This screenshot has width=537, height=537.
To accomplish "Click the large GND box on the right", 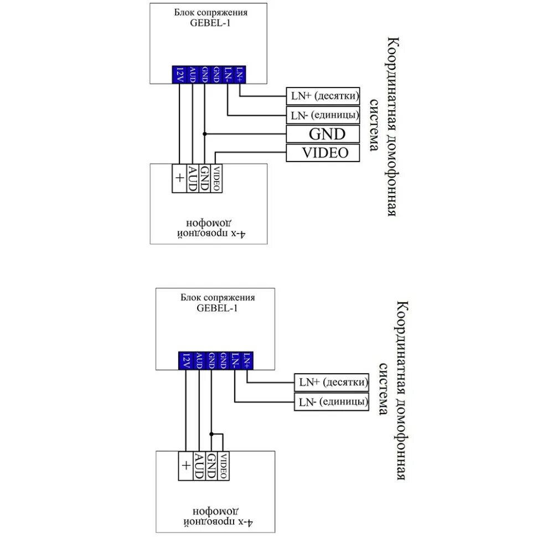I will pos(323,134).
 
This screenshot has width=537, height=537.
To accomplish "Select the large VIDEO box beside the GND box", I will pos(323,153).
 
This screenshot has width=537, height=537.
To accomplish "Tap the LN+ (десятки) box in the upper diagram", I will pos(323,96).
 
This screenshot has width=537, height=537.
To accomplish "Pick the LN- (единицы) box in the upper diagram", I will pos(323,115).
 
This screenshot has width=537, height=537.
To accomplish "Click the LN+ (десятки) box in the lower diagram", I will pos(331,382).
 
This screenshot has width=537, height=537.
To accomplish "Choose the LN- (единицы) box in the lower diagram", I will pos(331,401).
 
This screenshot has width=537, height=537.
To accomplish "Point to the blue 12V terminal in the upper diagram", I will pos(179,74).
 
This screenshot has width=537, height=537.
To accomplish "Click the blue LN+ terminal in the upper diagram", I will pos(240,74).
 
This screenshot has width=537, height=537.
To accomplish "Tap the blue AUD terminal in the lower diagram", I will pos(198,360).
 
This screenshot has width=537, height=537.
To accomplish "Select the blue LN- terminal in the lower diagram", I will pos(235,360).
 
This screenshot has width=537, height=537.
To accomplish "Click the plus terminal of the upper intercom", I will pos(179,178).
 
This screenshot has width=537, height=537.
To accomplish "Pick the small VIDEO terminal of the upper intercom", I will pos(216,178).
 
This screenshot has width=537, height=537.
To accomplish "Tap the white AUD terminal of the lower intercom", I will pos(198,466).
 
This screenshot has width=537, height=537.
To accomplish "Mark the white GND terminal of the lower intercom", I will pos(211,466).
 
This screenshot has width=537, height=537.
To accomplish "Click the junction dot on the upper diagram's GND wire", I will pos(205,134).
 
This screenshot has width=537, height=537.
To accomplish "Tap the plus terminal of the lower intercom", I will pos(185,466).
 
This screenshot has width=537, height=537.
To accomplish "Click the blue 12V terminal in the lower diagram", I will pos(185,360).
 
